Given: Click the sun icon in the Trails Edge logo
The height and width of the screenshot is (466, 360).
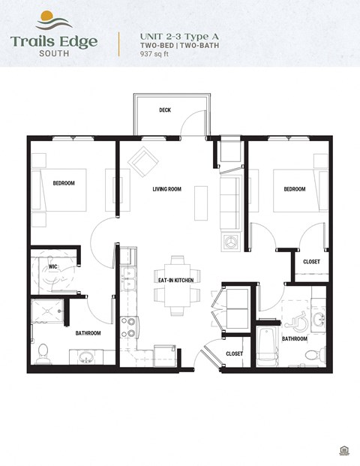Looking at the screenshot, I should [x=45, y=16].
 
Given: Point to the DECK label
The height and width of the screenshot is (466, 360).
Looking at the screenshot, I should [x=165, y=110].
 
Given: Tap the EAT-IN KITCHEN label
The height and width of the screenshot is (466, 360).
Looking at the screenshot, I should [x=175, y=280].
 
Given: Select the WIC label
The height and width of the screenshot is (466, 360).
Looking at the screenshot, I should [x=53, y=266].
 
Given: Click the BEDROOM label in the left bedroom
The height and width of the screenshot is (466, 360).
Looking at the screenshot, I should [x=64, y=183].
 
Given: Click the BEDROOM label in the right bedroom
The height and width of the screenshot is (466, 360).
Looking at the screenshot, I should [x=294, y=189].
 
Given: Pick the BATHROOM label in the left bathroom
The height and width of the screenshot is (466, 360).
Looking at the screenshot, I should [x=88, y=332].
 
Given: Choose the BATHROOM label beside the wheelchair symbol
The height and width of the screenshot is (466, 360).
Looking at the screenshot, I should [x=294, y=338].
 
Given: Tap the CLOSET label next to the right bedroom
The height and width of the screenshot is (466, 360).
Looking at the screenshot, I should [x=311, y=262].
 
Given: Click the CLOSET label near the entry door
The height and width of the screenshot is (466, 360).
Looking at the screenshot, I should [x=234, y=353].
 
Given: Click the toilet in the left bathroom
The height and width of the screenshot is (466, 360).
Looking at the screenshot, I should [x=43, y=350].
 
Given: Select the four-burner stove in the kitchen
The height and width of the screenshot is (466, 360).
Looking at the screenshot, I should [x=129, y=327].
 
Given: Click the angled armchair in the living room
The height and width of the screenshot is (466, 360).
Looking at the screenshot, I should [x=142, y=161].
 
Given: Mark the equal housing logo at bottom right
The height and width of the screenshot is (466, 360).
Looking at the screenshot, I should [x=343, y=450].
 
